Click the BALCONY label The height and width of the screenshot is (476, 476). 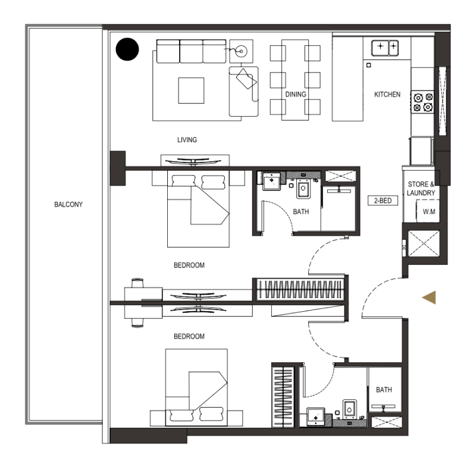(68, 204)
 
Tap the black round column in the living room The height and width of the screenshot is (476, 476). (127, 49)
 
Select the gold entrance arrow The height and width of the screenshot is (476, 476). (428, 298)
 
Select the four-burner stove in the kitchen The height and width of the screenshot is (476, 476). (422, 102)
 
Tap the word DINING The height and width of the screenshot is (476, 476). (296, 95)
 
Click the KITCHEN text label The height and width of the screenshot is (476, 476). (387, 95)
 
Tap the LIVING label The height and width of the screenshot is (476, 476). (187, 140)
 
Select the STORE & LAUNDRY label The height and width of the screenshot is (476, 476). (421, 189)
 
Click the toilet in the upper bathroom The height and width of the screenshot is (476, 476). (303, 189)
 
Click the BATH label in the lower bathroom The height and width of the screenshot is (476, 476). (384, 390)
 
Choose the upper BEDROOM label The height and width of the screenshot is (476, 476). (189, 265)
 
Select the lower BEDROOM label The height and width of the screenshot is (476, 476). (189, 336)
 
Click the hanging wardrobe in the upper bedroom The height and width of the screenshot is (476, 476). (300, 290)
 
